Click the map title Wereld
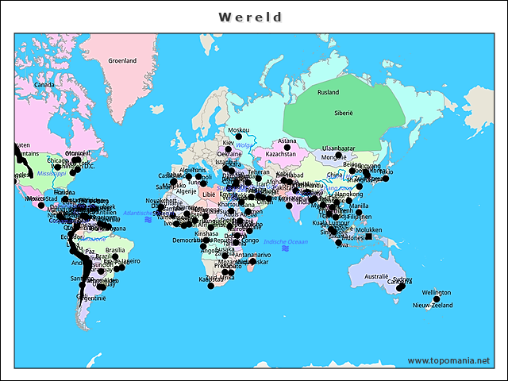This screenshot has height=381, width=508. tap(250, 17)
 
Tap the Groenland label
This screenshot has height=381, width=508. tap(122, 60)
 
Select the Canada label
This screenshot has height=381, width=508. tap(43, 84)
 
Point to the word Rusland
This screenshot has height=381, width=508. tap(328, 92)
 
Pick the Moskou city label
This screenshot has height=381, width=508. tap(238, 130)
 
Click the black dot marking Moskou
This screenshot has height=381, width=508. tap(238, 137)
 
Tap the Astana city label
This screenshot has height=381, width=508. tap(287, 141)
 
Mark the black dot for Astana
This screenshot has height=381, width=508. tap(287, 148)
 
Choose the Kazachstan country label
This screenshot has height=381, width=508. tap(280, 154)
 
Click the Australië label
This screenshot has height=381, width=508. tap(375, 276)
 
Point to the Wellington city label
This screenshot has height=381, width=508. tap(436, 292)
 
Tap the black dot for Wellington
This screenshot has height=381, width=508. tap(436, 299)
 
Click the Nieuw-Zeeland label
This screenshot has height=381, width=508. tap(432, 305)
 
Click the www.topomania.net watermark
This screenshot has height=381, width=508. tap(448, 360)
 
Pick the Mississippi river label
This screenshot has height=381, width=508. tap(50, 172)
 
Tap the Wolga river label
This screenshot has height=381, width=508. tap(243, 145)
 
